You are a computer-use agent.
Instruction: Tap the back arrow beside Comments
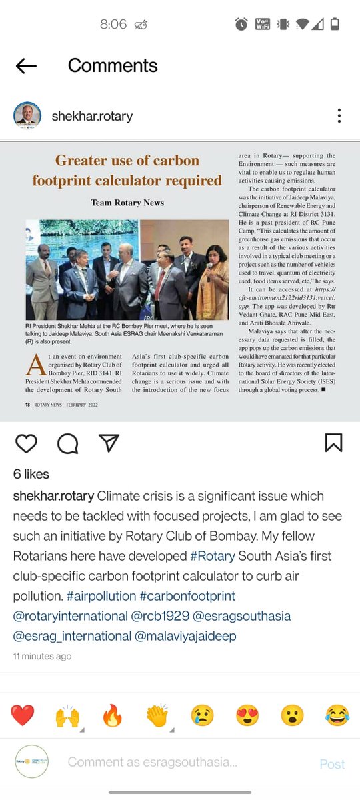tap(26, 65)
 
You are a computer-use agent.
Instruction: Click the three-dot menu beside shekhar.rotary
tap(339, 116)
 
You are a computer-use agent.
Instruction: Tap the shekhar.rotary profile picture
tap(27, 116)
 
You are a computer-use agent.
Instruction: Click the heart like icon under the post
tap(26, 443)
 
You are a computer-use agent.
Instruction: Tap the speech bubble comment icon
tap(67, 443)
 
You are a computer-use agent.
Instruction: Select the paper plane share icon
tap(109, 443)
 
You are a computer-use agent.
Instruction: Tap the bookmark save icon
tap(333, 443)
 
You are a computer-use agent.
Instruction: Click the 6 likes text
tap(31, 474)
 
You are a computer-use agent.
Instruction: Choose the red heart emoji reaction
tap(23, 716)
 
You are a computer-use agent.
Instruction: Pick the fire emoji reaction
tap(113, 716)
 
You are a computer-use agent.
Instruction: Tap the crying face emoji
tap(202, 716)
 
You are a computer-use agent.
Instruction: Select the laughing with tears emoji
tap(337, 716)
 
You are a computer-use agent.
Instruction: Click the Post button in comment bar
tap(332, 764)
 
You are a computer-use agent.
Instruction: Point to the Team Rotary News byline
tap(127, 203)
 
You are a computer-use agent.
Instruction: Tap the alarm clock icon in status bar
tap(241, 25)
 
